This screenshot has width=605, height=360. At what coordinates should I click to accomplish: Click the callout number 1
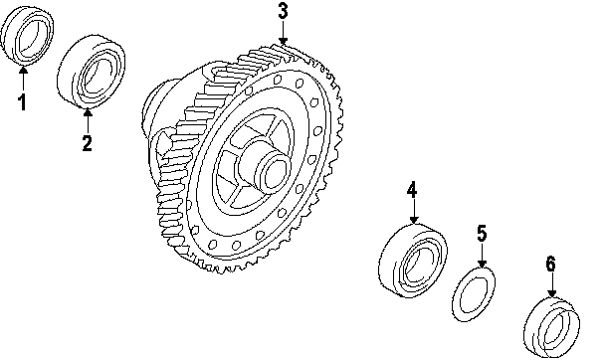tap(22, 102)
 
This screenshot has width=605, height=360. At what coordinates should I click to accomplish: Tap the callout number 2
tap(88, 142)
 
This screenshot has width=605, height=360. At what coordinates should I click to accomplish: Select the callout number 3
tap(283, 11)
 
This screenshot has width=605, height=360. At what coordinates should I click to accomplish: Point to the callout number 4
tap(412, 189)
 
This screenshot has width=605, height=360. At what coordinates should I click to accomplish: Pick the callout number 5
tap(482, 234)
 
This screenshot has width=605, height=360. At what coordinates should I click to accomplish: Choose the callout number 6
tap(551, 264)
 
